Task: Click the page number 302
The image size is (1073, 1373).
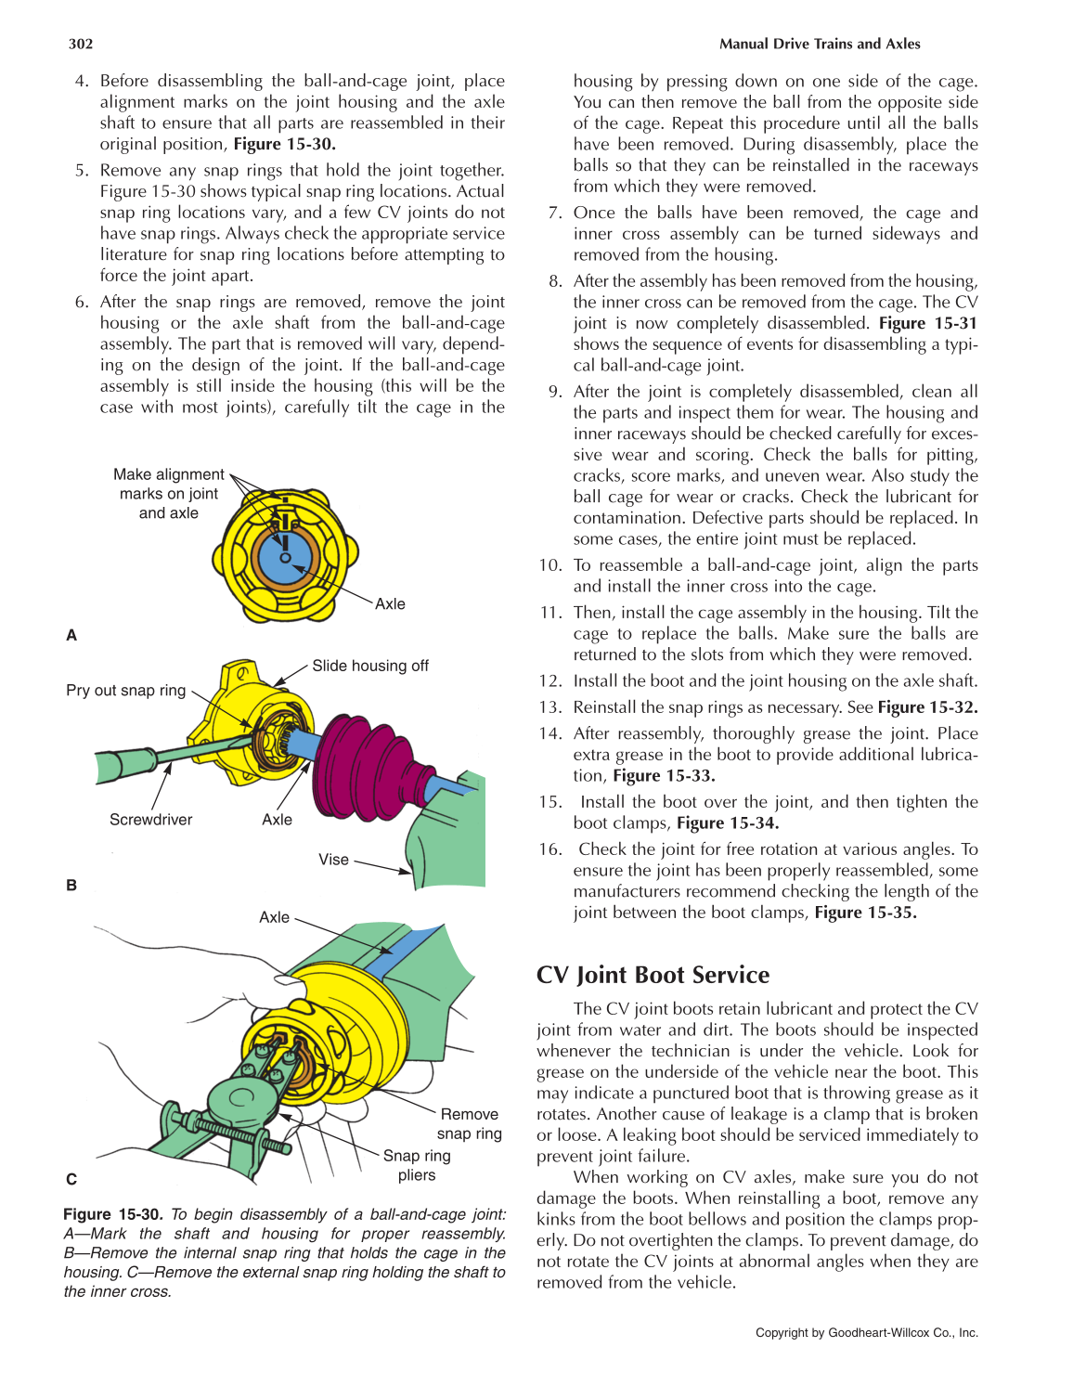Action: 81,44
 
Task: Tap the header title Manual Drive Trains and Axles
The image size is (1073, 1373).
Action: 820,44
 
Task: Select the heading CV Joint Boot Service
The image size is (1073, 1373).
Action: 653,975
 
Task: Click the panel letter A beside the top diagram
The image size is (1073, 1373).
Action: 71,635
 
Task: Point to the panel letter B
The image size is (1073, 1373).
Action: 71,885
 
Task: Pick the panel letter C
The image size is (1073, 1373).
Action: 71,1179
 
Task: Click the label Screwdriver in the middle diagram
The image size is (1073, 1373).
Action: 150,820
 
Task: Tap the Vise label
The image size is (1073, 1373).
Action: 333,860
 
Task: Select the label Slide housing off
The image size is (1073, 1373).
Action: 369,666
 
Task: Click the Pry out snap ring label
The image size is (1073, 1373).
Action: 125,691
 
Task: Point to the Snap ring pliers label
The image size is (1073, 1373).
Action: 417,1165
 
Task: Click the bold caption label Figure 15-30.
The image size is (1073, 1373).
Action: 113,1214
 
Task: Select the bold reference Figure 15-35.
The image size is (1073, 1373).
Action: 865,913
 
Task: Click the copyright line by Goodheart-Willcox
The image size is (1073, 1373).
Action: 866,1332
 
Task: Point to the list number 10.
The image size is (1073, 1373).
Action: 550,565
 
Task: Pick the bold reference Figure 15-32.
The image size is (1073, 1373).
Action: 927,707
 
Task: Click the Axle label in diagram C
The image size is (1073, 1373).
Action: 274,917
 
